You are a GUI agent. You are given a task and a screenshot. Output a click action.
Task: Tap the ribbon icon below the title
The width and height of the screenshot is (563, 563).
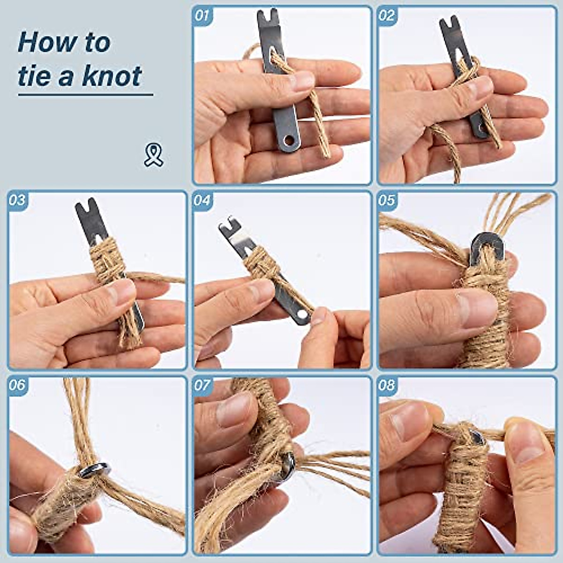click(x=153, y=155)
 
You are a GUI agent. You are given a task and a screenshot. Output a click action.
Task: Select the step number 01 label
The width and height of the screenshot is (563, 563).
click(x=202, y=15)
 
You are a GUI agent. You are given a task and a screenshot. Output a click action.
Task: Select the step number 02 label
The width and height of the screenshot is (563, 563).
click(x=387, y=15)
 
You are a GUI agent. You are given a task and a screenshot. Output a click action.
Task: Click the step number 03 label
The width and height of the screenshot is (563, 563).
click(x=17, y=200)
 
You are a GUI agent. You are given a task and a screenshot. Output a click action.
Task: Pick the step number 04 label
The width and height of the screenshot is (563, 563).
click(x=202, y=200)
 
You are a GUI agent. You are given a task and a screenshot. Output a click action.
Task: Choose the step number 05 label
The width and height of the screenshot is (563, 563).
click(x=387, y=200)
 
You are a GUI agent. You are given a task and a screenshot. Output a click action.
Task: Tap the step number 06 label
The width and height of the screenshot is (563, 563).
click(x=17, y=385)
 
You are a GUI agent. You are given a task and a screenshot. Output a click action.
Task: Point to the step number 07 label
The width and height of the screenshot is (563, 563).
click(x=202, y=385)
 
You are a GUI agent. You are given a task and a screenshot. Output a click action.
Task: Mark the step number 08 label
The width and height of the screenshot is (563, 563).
click(x=387, y=385)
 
